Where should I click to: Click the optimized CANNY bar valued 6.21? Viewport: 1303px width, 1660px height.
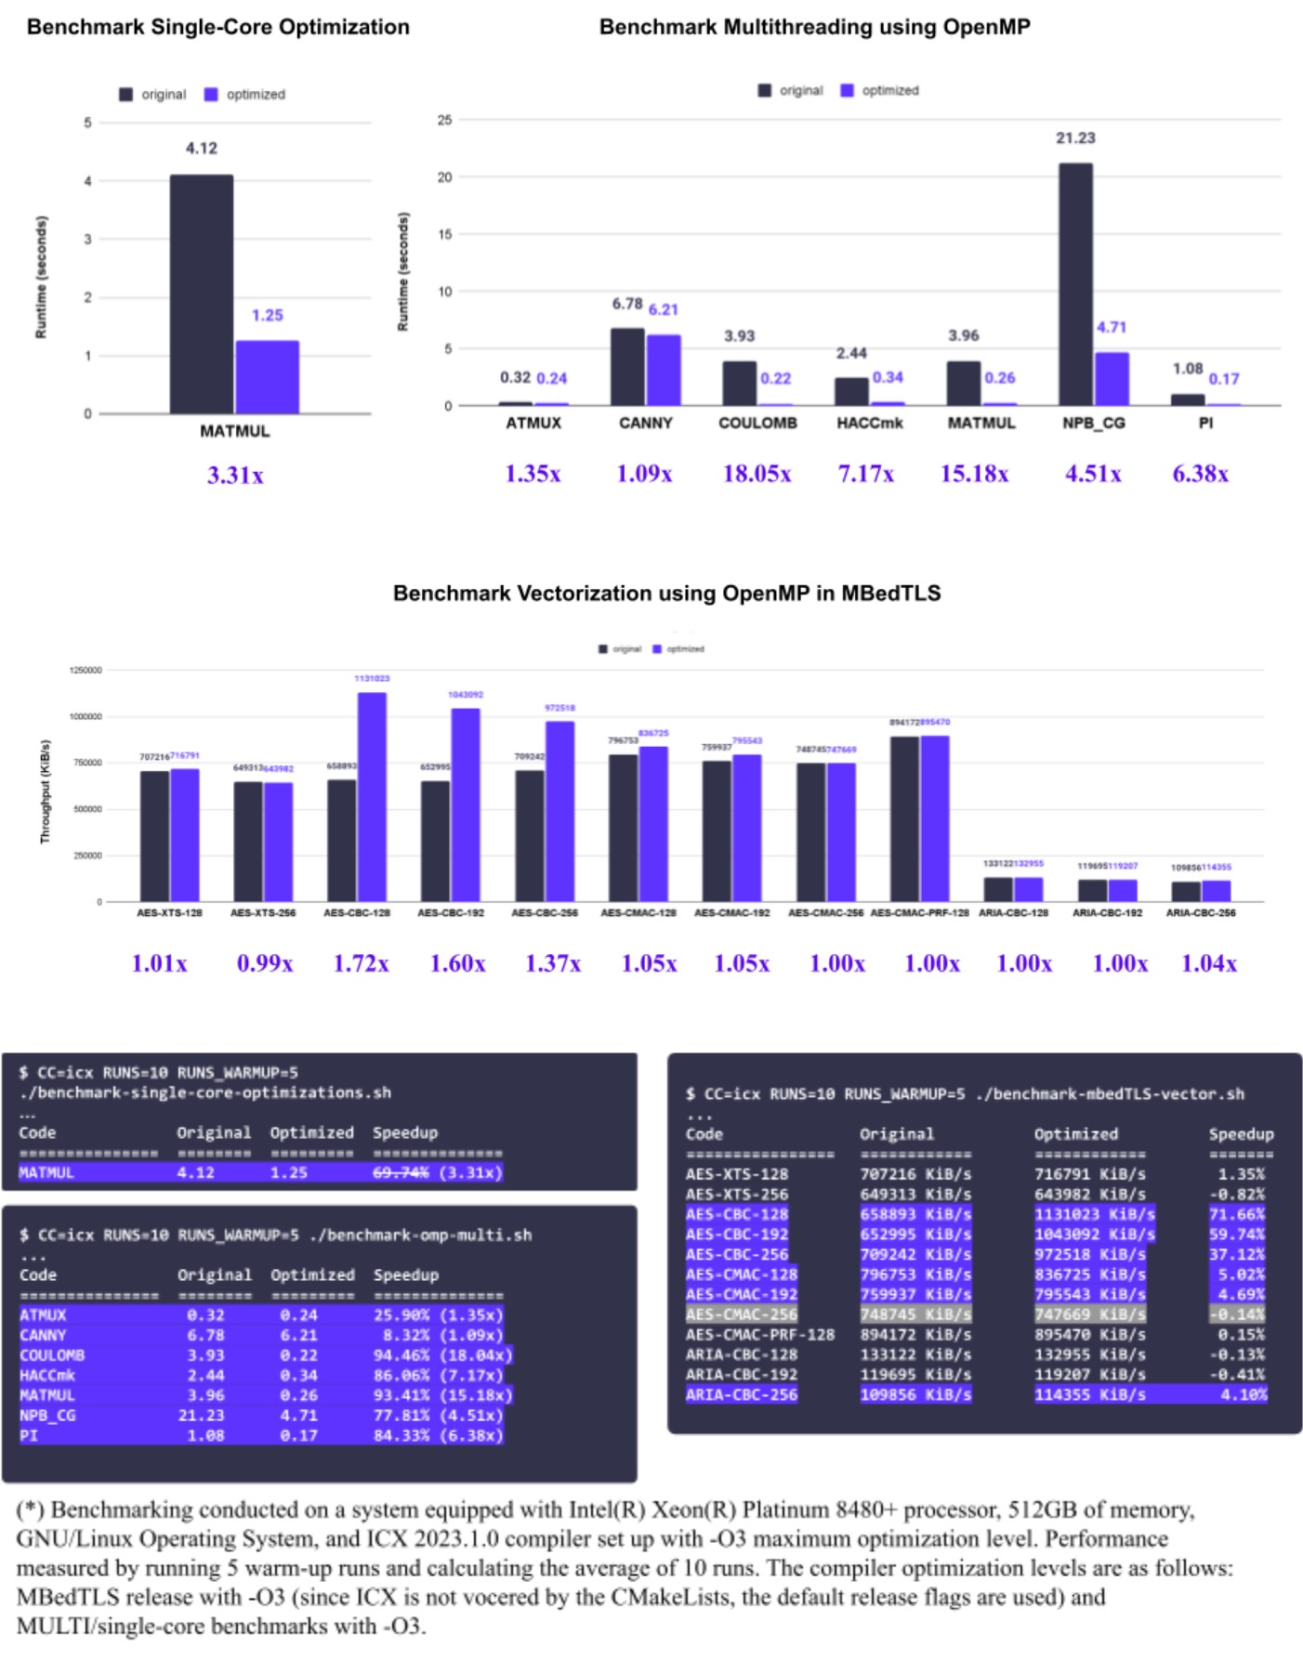pos(664,370)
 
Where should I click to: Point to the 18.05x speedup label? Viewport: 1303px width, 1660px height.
pos(757,474)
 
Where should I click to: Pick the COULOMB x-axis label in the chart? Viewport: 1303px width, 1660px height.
pos(757,423)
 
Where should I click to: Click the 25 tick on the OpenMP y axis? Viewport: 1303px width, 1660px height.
pos(444,120)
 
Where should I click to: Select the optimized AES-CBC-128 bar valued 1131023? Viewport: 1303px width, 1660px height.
pos(372,796)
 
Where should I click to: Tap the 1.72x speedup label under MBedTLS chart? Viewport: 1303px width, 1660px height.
pos(361,963)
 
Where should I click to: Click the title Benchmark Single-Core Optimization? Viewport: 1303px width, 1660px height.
pos(218,27)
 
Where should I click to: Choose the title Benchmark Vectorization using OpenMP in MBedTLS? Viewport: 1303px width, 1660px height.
pos(666,593)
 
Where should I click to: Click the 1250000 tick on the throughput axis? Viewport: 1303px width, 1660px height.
pos(86,670)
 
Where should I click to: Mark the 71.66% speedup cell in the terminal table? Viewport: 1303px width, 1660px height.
pos(1236,1214)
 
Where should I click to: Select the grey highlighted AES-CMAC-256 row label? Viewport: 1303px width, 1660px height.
pos(741,1314)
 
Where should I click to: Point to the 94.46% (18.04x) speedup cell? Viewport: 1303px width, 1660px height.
pos(441,1355)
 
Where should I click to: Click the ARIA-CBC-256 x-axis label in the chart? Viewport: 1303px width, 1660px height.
pos(1201,913)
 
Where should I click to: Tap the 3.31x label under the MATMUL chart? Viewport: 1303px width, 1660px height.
pos(235,476)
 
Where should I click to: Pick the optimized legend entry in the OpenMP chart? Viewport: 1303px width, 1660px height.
pos(880,90)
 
